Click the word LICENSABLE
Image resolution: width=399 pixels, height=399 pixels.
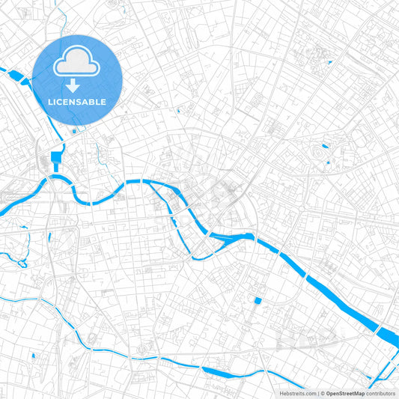pos(77,102)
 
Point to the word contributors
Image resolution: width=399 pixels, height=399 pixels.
pos(381,393)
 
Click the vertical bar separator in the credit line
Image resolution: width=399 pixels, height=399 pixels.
pos(318,393)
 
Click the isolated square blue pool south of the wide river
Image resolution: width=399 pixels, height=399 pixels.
pos(258,301)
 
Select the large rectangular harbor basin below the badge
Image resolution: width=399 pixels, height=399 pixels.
pos(57,157)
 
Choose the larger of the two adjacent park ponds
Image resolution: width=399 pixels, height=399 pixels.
pos(325,147)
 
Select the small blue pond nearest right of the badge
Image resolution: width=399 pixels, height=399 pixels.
pos(178,112)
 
